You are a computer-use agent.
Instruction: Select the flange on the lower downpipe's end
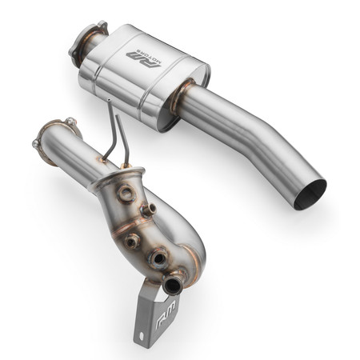coord(54,134)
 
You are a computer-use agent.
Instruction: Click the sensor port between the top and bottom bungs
coord(132,238)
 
